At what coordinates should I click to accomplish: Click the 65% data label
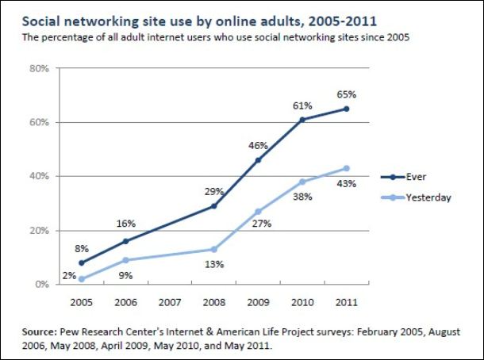tap(346, 94)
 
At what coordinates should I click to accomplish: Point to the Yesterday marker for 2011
tap(346, 168)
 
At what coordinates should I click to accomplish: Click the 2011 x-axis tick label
tap(346, 302)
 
